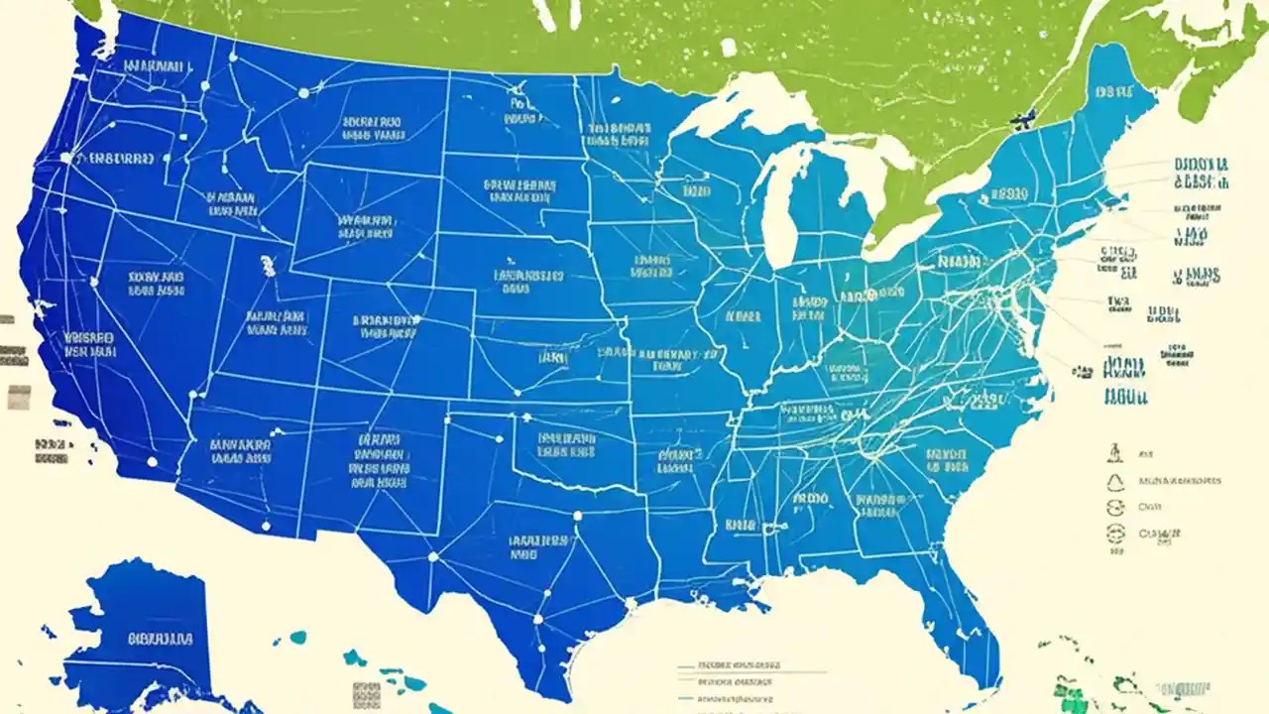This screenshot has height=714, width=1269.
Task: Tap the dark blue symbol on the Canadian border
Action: click(x=1020, y=121)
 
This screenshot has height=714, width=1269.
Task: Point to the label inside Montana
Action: click(x=373, y=129)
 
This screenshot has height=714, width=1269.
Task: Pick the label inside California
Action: click(x=88, y=344)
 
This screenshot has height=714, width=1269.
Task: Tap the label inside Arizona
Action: click(x=240, y=451)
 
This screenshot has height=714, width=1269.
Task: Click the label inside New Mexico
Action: click(x=379, y=461)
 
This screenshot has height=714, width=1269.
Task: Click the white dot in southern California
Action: click(x=152, y=461)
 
